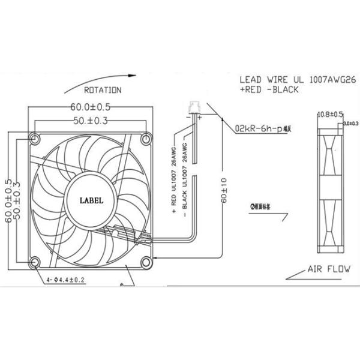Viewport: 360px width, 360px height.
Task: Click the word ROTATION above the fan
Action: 103,90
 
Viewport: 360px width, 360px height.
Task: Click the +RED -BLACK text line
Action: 269,89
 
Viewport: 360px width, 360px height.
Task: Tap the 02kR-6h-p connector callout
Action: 262,128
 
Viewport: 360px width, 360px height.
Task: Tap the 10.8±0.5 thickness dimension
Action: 329,114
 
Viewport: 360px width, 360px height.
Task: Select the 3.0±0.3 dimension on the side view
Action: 351,124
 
